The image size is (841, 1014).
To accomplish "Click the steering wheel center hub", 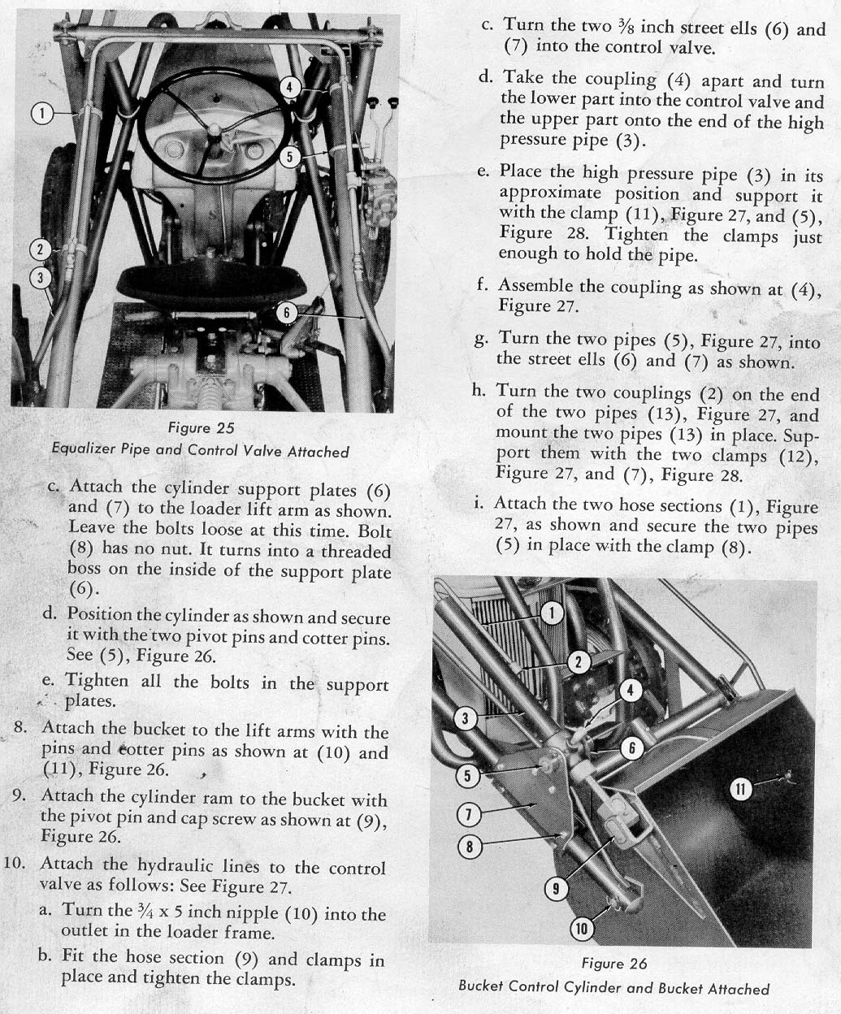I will [215, 130].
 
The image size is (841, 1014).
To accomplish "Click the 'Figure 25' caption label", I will [201, 428].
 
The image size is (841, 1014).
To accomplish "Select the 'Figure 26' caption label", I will [614, 964].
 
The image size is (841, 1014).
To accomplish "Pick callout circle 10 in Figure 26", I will [582, 928].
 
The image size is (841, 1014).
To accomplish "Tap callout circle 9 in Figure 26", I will [556, 888].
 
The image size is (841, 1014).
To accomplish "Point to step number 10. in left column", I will [20, 864].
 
